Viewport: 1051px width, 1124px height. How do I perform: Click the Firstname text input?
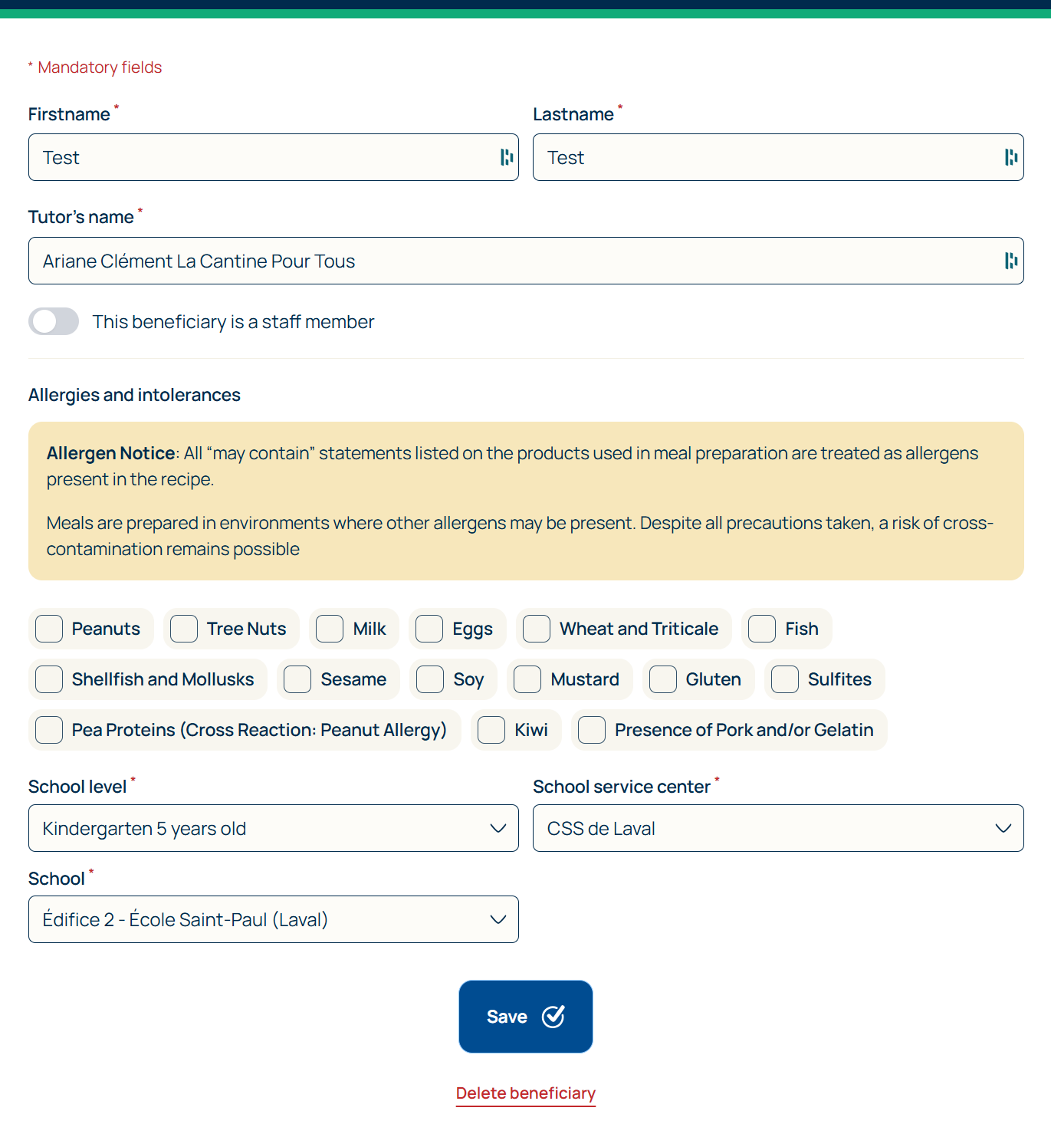pyautogui.click(x=261, y=157)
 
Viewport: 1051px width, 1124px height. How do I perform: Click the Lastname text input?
pyautogui.click(x=767, y=157)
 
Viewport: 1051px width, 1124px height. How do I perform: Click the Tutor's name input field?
pyautogui.click(x=514, y=261)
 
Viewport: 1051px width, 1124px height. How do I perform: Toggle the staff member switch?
pyautogui.click(x=54, y=322)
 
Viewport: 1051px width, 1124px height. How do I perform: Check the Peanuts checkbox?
pyautogui.click(x=49, y=629)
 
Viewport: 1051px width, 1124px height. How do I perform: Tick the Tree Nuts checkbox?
pyautogui.click(x=184, y=629)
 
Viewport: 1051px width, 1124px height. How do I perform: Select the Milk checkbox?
pyautogui.click(x=330, y=629)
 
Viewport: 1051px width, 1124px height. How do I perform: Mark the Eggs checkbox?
pyautogui.click(x=429, y=629)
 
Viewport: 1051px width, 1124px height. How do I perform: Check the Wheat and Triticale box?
pyautogui.click(x=537, y=629)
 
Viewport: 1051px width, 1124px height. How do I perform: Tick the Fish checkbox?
pyautogui.click(x=762, y=629)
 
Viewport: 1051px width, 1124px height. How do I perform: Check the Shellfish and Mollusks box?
pyautogui.click(x=49, y=679)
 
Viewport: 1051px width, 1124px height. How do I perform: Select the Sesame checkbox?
pyautogui.click(x=297, y=679)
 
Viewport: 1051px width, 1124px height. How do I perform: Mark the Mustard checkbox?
pyautogui.click(x=527, y=679)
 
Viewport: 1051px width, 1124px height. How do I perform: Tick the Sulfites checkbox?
pyautogui.click(x=785, y=679)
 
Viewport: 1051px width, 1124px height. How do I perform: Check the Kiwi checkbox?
pyautogui.click(x=491, y=730)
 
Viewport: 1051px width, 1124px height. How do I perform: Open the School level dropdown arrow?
pyautogui.click(x=498, y=828)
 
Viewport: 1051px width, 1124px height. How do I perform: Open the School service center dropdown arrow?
pyautogui.click(x=1003, y=828)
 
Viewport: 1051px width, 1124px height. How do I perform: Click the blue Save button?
pyautogui.click(x=526, y=1017)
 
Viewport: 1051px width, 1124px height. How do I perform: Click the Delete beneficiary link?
pyautogui.click(x=526, y=1093)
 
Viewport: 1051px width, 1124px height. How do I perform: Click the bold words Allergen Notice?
pyautogui.click(x=110, y=453)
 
